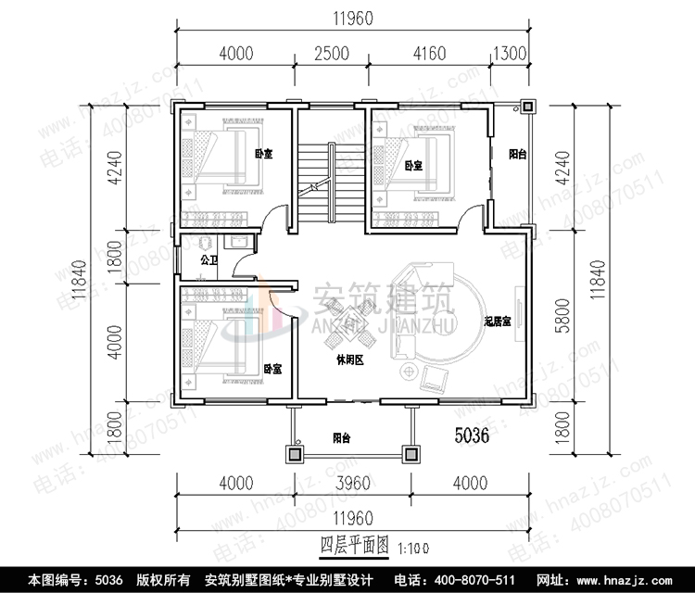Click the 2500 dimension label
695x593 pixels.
point(332,54)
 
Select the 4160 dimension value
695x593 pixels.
point(430,54)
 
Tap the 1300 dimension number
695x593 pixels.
point(512,54)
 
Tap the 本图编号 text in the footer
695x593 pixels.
point(57,580)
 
